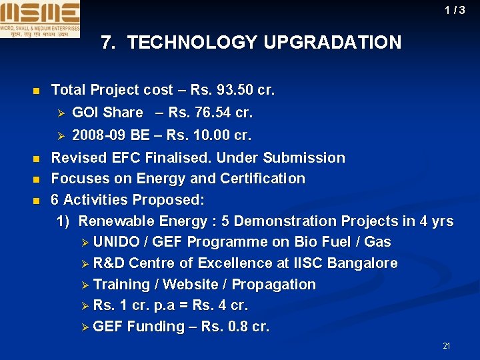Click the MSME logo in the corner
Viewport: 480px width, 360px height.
(40, 19)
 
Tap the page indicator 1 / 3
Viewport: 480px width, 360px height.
(455, 10)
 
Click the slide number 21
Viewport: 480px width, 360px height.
(447, 345)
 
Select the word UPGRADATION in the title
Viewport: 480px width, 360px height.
(332, 43)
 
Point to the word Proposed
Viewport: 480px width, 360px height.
(168, 200)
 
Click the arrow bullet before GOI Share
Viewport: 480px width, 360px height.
(59, 113)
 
